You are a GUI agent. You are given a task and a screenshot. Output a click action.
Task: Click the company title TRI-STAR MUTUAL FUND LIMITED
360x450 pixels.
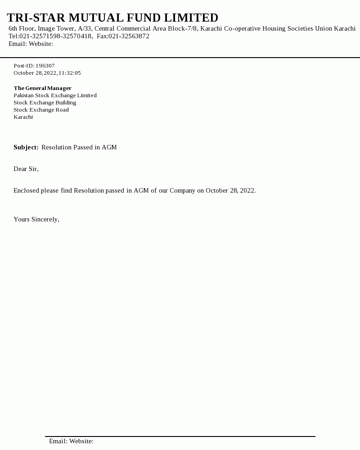(x=112, y=18)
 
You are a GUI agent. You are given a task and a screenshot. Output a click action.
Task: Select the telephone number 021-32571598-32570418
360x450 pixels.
(x=55, y=36)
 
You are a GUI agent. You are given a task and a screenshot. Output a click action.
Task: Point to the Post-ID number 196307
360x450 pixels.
(x=45, y=66)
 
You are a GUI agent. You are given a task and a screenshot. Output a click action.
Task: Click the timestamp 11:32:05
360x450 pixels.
(x=69, y=73)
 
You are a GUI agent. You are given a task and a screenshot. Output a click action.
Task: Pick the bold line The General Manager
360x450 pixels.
(x=43, y=88)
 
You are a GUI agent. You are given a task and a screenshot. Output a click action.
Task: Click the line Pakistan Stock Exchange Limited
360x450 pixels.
(x=55, y=95)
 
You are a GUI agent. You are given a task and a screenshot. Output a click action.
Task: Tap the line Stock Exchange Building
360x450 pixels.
(x=45, y=103)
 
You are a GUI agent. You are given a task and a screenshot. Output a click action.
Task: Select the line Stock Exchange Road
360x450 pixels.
(x=41, y=110)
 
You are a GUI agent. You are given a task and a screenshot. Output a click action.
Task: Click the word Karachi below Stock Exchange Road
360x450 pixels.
(x=23, y=117)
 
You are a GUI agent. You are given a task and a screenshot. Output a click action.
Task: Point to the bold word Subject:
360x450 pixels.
(x=26, y=147)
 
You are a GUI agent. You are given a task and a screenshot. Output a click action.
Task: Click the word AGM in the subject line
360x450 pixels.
(x=109, y=147)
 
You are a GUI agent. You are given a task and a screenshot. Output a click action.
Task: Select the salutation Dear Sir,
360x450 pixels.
(x=26, y=169)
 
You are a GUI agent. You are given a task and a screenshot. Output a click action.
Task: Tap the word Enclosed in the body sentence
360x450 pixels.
(x=26, y=190)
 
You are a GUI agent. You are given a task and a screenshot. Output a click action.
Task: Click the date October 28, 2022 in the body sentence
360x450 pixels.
(x=230, y=190)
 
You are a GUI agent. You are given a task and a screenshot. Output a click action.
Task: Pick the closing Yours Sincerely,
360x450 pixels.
(x=36, y=219)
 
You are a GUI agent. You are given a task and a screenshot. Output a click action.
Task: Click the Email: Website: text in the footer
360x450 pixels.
(x=71, y=441)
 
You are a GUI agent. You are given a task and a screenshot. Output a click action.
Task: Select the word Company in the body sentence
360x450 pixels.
(x=182, y=190)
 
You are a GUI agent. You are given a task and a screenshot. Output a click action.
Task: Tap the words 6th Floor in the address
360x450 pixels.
(x=21, y=28)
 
